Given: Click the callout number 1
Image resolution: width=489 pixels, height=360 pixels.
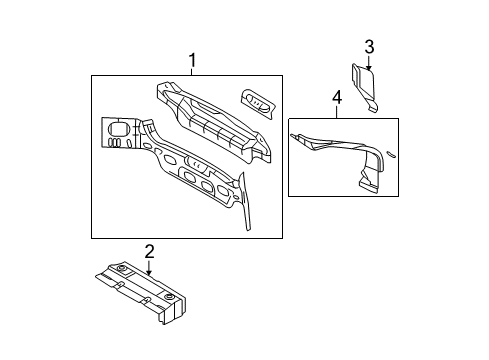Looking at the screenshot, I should pyautogui.click(x=194, y=62).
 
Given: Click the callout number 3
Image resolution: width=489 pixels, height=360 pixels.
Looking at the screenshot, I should pyautogui.click(x=369, y=46).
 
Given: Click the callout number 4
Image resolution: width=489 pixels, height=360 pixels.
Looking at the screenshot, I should pyautogui.click(x=336, y=97).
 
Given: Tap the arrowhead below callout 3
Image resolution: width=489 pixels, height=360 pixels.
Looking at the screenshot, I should pyautogui.click(x=369, y=69).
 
